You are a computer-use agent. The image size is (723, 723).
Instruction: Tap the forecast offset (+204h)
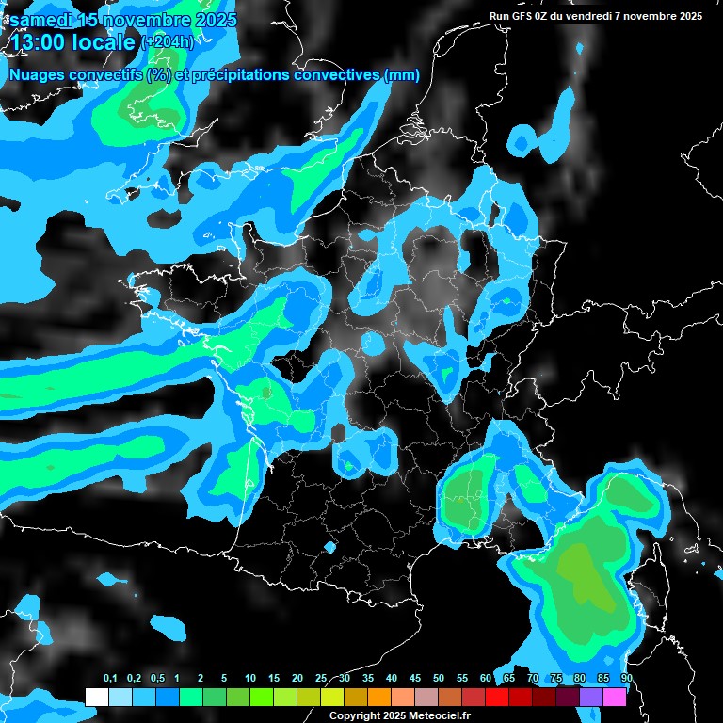(x=167, y=41)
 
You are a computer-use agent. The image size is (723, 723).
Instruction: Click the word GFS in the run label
(x=525, y=16)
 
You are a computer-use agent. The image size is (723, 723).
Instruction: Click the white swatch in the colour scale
(x=96, y=698)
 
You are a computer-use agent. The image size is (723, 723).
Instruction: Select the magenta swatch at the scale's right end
(x=615, y=698)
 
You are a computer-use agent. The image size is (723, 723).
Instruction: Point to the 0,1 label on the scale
(x=110, y=679)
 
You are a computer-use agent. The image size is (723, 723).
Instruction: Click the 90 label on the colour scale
(x=626, y=679)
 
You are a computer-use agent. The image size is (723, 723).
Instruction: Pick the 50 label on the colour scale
(x=439, y=679)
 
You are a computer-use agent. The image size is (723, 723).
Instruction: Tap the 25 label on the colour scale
(x=321, y=679)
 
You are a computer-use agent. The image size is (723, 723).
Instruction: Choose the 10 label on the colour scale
(x=250, y=679)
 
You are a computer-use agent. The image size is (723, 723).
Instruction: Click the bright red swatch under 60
(x=497, y=698)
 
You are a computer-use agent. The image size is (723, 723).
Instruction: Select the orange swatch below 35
(x=379, y=698)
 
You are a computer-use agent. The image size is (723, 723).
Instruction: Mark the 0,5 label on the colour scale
(x=157, y=679)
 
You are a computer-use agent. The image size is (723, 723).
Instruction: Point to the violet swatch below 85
(x=591, y=698)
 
